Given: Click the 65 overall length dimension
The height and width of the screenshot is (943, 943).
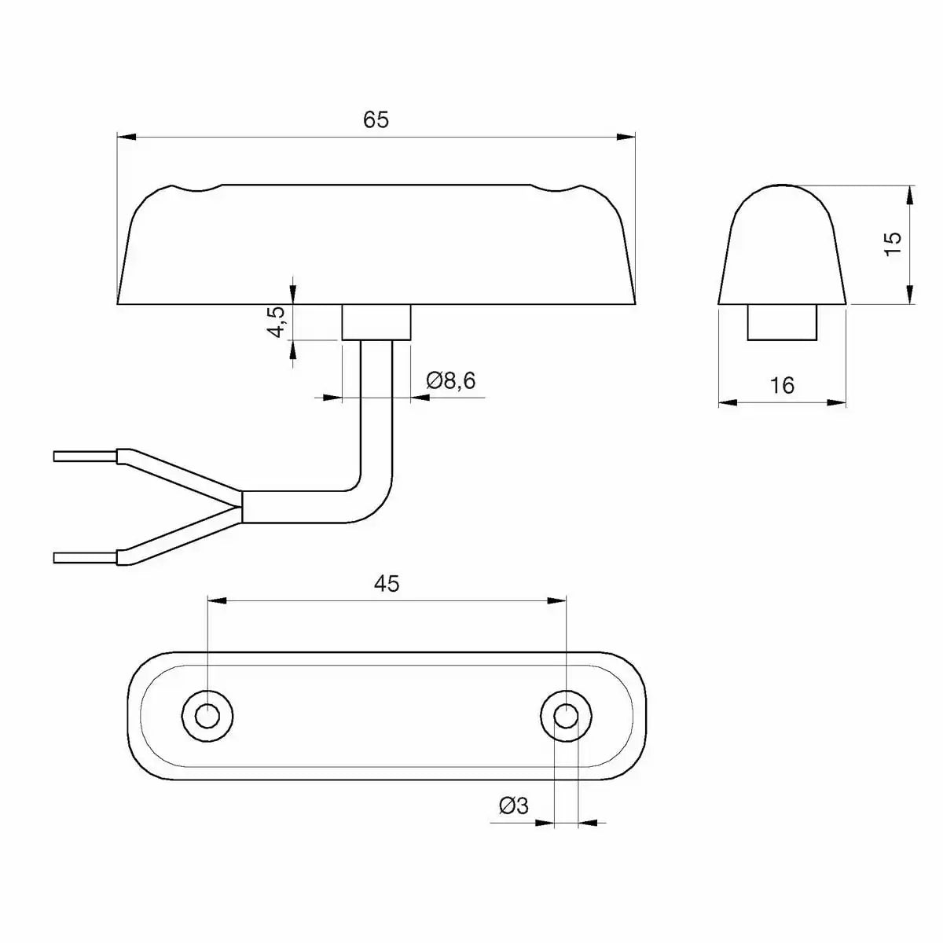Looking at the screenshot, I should (x=376, y=120).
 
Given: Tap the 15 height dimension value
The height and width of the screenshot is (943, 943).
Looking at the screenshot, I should (x=893, y=244).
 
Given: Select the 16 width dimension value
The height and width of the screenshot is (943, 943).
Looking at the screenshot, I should (x=783, y=385).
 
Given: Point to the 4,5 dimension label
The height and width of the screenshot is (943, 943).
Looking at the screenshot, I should (x=276, y=322).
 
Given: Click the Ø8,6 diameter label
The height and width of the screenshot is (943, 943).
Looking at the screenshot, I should (x=451, y=381).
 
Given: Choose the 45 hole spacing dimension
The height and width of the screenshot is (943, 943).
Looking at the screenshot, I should (x=387, y=583).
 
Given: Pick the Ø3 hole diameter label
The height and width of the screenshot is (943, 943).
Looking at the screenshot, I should (x=514, y=805).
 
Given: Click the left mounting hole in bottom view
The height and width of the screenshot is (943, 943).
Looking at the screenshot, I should (x=207, y=716).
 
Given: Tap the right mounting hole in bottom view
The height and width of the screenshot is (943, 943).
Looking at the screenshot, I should (x=566, y=716).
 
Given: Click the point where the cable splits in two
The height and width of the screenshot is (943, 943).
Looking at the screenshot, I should (x=242, y=507).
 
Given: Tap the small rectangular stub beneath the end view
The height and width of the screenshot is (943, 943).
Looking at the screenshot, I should (x=782, y=323).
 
